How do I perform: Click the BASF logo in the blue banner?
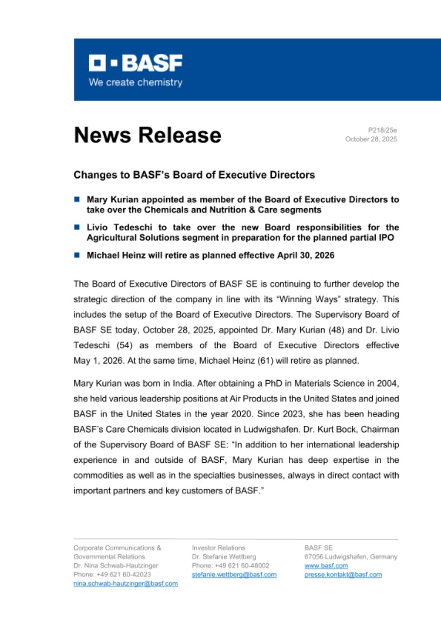135,63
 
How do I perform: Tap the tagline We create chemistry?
135,82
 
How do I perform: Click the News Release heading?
147,135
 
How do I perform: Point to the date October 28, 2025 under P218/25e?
371,139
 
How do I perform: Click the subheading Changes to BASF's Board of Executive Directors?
194,175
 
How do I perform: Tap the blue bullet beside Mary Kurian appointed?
77,199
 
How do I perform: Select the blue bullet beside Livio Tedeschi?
77,227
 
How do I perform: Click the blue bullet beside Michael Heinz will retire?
77,255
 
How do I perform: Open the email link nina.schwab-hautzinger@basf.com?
125,584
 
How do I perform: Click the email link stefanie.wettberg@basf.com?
234,575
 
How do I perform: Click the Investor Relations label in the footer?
218,548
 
